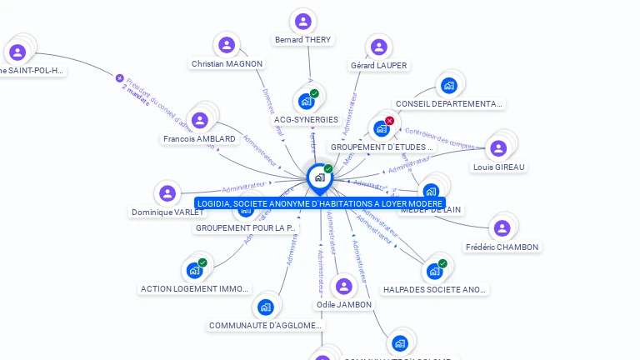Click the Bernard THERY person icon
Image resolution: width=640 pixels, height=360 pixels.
click(302, 22)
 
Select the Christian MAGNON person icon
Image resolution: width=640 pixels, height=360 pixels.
click(226, 45)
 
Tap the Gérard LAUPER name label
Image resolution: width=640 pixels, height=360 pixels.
click(378, 65)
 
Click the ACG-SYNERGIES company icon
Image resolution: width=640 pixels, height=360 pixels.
click(306, 102)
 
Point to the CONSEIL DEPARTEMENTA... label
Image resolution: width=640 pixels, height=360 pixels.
click(449, 104)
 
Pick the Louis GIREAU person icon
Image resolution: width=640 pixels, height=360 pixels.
click(498, 148)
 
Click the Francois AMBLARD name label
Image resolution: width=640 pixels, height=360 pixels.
click(199, 139)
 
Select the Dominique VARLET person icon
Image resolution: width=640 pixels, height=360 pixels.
click(168, 194)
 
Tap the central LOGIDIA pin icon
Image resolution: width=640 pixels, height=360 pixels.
click(319, 177)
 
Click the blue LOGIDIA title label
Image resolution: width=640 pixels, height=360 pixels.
click(319, 203)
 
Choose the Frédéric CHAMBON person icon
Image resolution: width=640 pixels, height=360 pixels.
click(501, 228)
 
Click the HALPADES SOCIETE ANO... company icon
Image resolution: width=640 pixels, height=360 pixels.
click(434, 271)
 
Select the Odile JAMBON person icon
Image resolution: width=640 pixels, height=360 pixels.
click(343, 287)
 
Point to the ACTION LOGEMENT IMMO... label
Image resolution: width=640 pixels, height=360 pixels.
click(194, 289)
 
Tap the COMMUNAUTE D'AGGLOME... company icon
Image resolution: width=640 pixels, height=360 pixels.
click(265, 307)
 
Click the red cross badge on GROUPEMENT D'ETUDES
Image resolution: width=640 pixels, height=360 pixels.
click(389, 121)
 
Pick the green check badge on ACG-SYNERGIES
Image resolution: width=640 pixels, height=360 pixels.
click(314, 93)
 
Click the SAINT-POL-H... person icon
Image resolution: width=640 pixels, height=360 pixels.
click(17, 52)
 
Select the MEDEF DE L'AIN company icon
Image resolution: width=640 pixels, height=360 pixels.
click(430, 192)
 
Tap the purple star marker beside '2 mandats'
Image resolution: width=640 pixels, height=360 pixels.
click(119, 77)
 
